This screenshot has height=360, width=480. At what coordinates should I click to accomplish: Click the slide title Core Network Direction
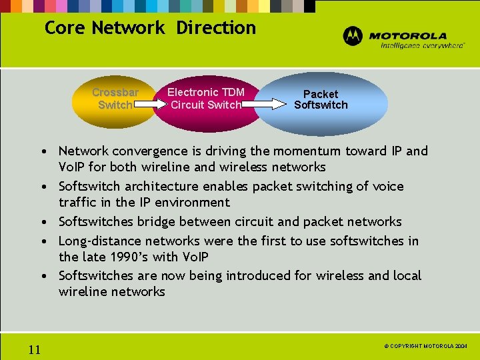pos(150,28)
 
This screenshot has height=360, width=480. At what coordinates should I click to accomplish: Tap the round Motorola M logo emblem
pos(353,36)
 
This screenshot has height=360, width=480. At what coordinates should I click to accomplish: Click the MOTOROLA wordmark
pos(407,36)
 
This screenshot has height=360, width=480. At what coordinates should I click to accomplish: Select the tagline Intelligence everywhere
pos(422,46)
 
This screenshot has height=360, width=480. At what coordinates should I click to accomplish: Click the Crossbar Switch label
pos(115,99)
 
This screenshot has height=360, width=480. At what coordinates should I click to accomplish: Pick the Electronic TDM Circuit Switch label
pos(205,99)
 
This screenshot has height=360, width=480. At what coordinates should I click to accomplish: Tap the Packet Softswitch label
pos(321,99)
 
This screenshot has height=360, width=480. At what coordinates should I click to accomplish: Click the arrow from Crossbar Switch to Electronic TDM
pos(142,103)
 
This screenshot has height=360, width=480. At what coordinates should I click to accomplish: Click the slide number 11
pos(35,349)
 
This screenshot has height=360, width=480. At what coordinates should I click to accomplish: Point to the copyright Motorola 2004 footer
pos(426,347)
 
